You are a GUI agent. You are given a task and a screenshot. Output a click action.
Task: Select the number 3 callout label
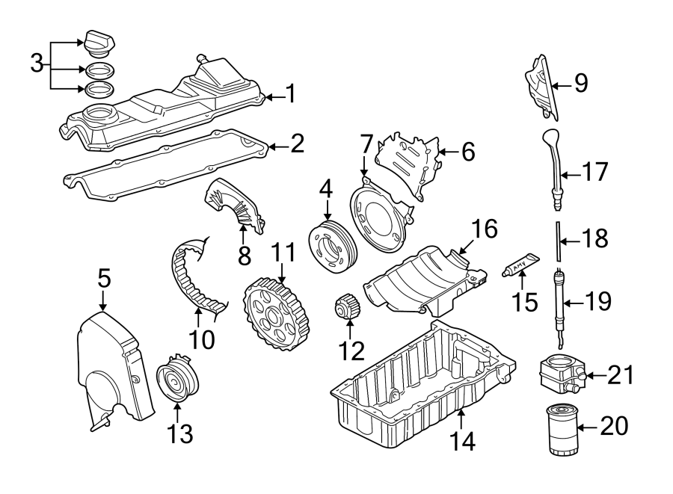coord(37,64)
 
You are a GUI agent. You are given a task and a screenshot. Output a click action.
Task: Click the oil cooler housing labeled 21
coord(559,374)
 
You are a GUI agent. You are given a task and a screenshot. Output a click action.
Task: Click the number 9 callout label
coord(581,84)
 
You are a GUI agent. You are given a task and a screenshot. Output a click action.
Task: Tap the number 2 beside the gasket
coord(297,143)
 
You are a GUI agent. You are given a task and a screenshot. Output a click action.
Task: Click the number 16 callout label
coord(484,229)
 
